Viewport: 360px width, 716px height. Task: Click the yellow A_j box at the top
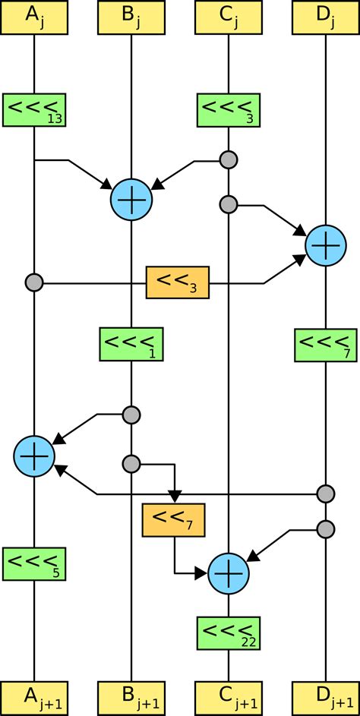pyautogui.click(x=34, y=17)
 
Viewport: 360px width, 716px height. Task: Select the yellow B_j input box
pyautogui.click(x=131, y=17)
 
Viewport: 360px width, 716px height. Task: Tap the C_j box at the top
pyautogui.click(x=229, y=17)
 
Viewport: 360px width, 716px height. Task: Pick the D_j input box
pyautogui.click(x=326, y=17)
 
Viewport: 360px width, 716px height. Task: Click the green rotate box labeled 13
pyautogui.click(x=34, y=110)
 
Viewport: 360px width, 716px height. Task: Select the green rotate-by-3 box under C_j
pyautogui.click(x=229, y=110)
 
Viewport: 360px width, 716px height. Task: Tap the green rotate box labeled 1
pyautogui.click(x=131, y=345)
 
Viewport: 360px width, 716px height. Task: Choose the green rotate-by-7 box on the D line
pyautogui.click(x=326, y=345)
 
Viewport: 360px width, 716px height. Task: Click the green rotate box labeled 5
pyautogui.click(x=34, y=563)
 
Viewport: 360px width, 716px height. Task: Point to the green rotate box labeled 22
pyautogui.click(x=229, y=632)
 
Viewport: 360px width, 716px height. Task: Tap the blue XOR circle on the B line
pyautogui.click(x=131, y=200)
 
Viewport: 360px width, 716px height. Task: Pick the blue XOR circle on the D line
pyautogui.click(x=326, y=245)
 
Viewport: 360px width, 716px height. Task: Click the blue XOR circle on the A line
pyautogui.click(x=34, y=456)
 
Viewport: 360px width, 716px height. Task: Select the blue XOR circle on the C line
pyautogui.click(x=229, y=573)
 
